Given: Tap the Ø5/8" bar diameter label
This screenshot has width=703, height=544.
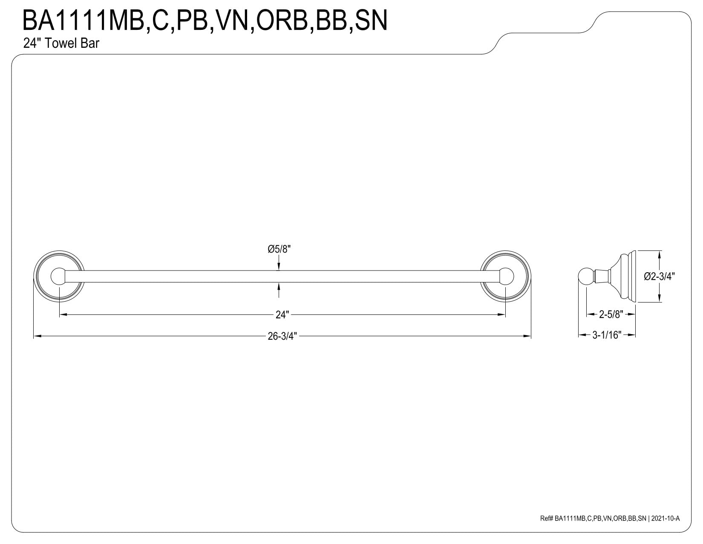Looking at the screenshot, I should pyautogui.click(x=279, y=249).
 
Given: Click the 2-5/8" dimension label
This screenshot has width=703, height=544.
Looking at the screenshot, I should pyautogui.click(x=611, y=315).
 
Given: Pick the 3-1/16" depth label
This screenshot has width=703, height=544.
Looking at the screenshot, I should pyautogui.click(x=607, y=335).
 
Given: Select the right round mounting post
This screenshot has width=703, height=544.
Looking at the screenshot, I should pyautogui.click(x=506, y=276).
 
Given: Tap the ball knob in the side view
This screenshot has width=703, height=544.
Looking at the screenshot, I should pyautogui.click(x=585, y=276).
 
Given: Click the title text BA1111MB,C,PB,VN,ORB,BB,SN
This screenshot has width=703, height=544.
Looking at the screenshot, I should pyautogui.click(x=205, y=20).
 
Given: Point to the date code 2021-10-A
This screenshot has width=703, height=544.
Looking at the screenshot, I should pyautogui.click(x=666, y=518).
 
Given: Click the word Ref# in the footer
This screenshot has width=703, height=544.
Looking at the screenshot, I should pyautogui.click(x=547, y=518).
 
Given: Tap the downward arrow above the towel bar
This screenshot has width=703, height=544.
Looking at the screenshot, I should pyautogui.click(x=279, y=267).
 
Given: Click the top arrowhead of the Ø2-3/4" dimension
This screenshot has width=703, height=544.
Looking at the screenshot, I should pyautogui.click(x=660, y=253).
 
